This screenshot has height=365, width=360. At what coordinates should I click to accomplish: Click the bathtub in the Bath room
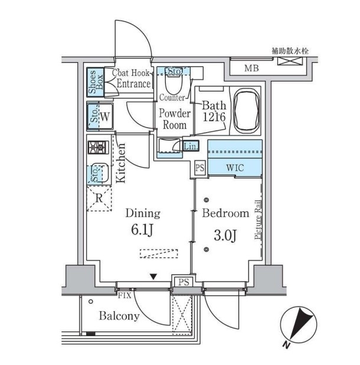(x=246, y=110)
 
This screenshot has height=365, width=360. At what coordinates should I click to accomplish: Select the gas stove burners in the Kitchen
(x=98, y=147)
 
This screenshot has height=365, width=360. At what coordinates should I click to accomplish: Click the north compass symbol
(x=298, y=325)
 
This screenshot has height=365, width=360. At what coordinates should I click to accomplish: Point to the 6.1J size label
(x=142, y=230)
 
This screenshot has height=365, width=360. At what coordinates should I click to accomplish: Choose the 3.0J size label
(x=225, y=236)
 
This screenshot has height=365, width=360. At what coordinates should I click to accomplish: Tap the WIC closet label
(x=235, y=168)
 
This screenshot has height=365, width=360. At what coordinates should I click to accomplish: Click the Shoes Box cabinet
(x=96, y=82)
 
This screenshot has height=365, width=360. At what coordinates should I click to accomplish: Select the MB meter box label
(x=251, y=69)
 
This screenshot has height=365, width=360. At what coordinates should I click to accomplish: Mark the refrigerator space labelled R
(x=99, y=198)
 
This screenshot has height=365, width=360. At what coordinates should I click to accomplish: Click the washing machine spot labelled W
(x=104, y=116)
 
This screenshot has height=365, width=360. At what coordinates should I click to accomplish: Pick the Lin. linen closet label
(x=191, y=146)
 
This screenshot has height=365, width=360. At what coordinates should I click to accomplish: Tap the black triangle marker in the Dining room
(x=153, y=276)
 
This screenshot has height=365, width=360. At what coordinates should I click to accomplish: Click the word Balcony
(x=119, y=317)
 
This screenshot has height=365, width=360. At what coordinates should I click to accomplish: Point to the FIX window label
(x=125, y=296)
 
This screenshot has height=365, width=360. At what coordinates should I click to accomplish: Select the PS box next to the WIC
(x=199, y=168)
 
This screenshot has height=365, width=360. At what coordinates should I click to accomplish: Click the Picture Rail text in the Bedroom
(x=257, y=220)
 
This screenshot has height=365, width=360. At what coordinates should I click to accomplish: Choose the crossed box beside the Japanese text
(x=290, y=61)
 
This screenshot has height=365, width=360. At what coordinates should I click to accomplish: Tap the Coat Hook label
(x=130, y=73)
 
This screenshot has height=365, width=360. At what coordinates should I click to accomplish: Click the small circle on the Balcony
(x=91, y=301)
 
